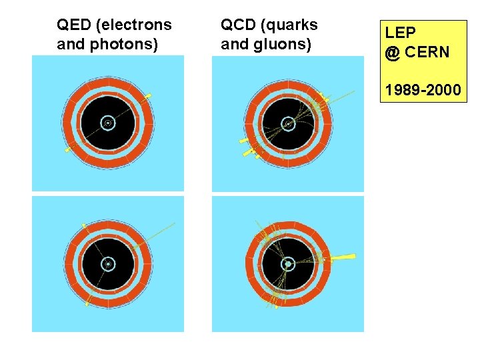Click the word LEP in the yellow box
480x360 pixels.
coord(398,32)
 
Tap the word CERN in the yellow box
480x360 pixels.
coord(427,52)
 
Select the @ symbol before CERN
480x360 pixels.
coord(391,53)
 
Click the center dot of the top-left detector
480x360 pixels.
coord(107,123)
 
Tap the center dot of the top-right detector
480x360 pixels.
coord(288,123)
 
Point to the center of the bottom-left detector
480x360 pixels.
coord(107,265)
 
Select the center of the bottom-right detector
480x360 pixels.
coord(287,264)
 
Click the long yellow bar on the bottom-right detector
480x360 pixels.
coord(341,257)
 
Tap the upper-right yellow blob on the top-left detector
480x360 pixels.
coord(147,97)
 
